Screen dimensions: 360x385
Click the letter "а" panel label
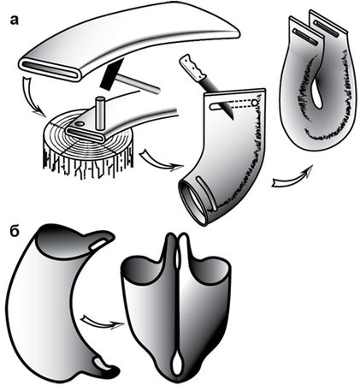tap(14, 20)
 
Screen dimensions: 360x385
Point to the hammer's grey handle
tap(139, 83)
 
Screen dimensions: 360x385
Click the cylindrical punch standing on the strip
tap(100, 115)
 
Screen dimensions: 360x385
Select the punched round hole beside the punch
tap(80, 124)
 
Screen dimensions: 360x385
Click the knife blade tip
tap(233, 118)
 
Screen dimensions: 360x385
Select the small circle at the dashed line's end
tap(256, 102)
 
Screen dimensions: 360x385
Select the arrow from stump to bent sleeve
tap(160, 161)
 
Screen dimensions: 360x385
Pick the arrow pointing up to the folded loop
tap(293, 177)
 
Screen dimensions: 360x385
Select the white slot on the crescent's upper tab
tap(98, 245)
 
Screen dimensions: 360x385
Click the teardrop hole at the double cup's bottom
tap(176, 363)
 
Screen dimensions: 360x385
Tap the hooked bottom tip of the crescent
tap(111, 370)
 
